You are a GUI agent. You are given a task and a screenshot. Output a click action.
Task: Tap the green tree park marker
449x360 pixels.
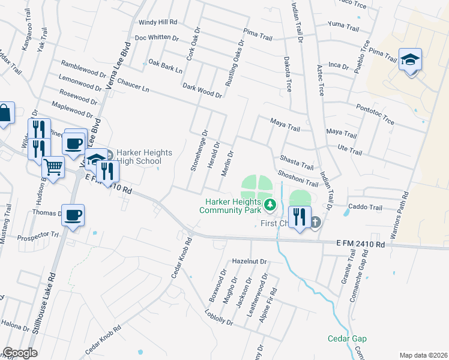[x=270, y=205]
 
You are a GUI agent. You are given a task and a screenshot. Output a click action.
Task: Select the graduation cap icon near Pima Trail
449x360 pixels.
[x=411, y=60]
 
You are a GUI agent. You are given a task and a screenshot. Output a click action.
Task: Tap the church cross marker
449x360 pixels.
[x=315, y=223]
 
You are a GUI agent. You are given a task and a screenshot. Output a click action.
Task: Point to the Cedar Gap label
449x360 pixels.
[x=347, y=338]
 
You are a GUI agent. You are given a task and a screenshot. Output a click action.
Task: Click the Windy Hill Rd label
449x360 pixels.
[x=158, y=22]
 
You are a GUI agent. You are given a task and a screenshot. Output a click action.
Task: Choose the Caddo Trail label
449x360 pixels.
[x=365, y=208]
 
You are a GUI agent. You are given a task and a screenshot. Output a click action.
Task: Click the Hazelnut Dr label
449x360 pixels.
[x=249, y=262]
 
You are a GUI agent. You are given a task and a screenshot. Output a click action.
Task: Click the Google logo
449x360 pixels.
[x=20, y=353]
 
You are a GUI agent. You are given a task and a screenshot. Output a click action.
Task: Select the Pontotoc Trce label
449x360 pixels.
[x=375, y=113]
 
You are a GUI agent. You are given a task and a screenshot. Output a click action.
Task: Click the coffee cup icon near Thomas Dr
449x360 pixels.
[x=73, y=215]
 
